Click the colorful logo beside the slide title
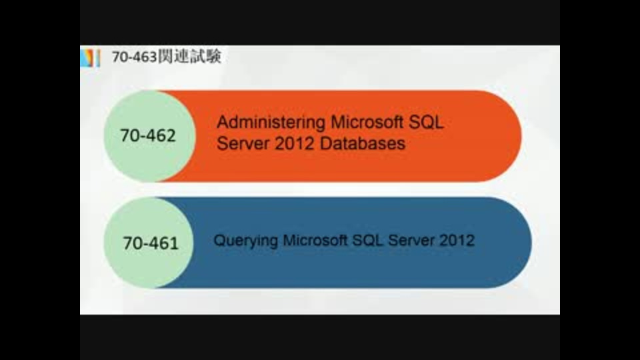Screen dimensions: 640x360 [x=90, y=57]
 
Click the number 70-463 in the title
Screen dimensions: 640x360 [x=134, y=57]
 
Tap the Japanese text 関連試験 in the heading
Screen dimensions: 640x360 [x=189, y=56]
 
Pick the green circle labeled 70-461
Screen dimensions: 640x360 [x=149, y=243]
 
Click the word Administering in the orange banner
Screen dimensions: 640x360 [x=271, y=123]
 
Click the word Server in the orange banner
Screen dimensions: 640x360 [x=243, y=143]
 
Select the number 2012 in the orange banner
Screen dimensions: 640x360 [x=294, y=143]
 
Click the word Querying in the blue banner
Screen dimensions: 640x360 [x=246, y=241]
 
